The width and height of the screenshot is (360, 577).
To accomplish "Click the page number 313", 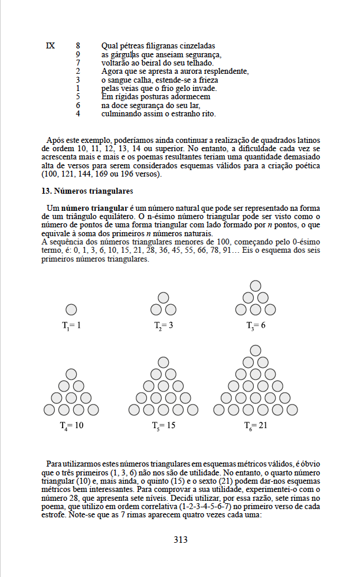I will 180,539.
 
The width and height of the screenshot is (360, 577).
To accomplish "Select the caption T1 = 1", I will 71,325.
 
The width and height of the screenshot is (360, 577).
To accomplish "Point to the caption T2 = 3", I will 163,325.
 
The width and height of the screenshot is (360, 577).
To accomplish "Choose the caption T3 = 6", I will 256,325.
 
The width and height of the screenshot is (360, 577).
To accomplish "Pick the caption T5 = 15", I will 163,425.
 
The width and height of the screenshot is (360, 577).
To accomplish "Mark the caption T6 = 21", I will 256,425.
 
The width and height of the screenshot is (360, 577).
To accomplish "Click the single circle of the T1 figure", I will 71,309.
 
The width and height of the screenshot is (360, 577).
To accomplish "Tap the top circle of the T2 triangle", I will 163,298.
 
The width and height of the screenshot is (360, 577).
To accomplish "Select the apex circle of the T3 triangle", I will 256,286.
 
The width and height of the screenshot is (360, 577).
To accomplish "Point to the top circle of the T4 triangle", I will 71,374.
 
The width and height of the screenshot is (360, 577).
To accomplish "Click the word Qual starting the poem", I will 110,45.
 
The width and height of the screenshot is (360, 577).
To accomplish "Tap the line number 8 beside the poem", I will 78,45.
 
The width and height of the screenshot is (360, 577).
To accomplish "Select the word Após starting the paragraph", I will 55,140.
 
